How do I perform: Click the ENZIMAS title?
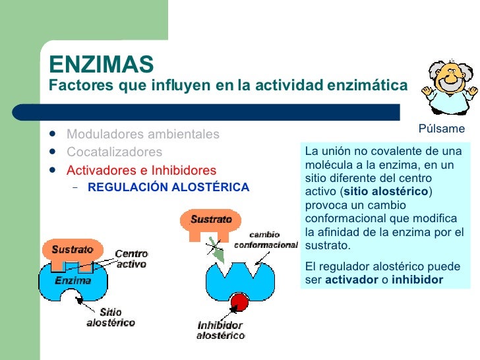point(102,64)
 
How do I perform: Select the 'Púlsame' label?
point(442,129)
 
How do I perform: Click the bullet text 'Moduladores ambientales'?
point(142,135)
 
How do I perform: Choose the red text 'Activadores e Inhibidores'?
point(141,170)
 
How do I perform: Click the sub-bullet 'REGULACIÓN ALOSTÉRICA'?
point(168,187)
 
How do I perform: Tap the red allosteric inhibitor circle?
point(239,303)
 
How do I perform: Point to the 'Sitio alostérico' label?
point(110,317)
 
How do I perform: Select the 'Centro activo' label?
point(131,258)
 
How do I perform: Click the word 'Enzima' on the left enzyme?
point(73,280)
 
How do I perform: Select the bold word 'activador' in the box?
point(350,280)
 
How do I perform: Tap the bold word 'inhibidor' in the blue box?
point(417,280)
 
